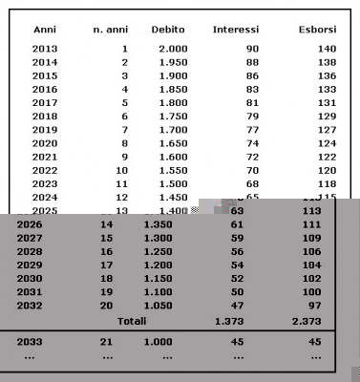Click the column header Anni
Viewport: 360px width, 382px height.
click(44, 30)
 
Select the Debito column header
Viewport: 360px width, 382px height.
click(168, 30)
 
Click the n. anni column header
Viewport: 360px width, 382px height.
click(111, 30)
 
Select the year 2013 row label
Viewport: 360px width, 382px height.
click(44, 48)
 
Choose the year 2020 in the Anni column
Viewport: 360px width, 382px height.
click(44, 142)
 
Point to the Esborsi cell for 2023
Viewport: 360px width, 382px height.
click(326, 182)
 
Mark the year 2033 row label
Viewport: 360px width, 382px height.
click(30, 341)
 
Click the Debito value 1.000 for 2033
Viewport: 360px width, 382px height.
click(158, 341)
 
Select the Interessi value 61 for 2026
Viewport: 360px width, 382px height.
click(237, 223)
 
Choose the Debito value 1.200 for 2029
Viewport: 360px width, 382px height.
click(158, 264)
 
